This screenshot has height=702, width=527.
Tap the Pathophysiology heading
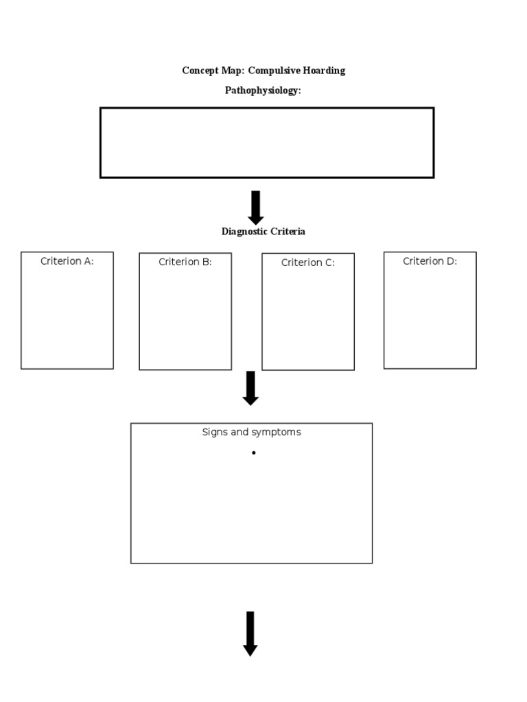coord(263,90)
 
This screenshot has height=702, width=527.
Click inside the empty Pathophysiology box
coord(267,143)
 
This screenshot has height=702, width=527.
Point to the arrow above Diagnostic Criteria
coord(256,207)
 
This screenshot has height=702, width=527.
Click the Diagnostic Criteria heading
coord(263,232)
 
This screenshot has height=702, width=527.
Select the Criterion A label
coord(67,261)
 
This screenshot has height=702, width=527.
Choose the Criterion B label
coord(185,262)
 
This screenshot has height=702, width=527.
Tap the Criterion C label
coord(308,263)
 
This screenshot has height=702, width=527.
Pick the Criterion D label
coord(430,261)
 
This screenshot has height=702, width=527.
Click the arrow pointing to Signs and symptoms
coord(250,387)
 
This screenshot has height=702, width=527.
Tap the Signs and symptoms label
coord(251,433)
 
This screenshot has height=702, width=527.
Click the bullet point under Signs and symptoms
coord(253,453)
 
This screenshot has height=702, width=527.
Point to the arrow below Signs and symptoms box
coord(250,633)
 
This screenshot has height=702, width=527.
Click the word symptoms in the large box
coord(277,433)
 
